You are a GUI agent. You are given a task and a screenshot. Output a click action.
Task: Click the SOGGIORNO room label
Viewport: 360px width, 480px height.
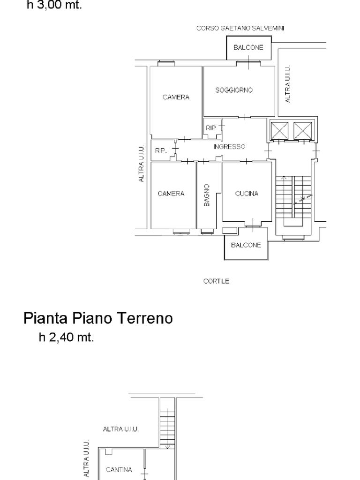[234, 90]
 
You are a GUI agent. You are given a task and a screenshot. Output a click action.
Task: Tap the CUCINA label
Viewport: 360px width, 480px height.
[247, 194]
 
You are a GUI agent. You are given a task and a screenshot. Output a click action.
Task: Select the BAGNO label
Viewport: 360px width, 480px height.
[207, 195]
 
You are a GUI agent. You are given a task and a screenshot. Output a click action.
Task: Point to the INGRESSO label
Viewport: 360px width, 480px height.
[229, 147]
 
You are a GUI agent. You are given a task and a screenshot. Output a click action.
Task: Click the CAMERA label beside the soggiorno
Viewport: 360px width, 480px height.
[176, 97]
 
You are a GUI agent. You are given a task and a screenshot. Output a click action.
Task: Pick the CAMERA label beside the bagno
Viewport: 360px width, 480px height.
[171, 194]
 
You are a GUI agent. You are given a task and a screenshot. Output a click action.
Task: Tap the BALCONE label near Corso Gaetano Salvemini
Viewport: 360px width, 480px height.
[248, 47]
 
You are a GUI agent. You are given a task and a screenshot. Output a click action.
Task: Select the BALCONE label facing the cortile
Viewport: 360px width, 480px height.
[246, 245]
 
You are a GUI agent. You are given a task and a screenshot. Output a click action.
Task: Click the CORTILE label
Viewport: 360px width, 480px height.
[216, 281]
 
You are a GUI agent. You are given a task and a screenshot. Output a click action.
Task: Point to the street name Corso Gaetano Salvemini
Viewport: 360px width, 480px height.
[240, 28]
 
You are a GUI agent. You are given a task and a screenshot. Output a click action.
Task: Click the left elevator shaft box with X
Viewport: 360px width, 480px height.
[279, 131]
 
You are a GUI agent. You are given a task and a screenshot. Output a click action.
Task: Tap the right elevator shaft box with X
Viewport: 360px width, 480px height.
[303, 131]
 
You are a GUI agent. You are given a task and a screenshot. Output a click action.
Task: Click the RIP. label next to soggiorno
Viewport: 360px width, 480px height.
[211, 128]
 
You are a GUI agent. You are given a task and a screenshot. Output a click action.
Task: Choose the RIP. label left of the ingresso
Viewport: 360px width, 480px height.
[161, 150]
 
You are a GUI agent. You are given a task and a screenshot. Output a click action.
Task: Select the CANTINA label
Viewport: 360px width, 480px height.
[119, 470]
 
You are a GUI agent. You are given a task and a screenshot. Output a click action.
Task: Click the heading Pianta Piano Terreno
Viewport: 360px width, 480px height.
[98, 318]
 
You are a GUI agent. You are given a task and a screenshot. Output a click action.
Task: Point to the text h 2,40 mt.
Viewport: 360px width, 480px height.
[66, 337]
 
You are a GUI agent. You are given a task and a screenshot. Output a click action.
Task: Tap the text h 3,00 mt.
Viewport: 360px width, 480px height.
[54, 5]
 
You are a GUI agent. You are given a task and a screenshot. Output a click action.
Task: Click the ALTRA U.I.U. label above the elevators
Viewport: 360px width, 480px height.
[288, 84]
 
